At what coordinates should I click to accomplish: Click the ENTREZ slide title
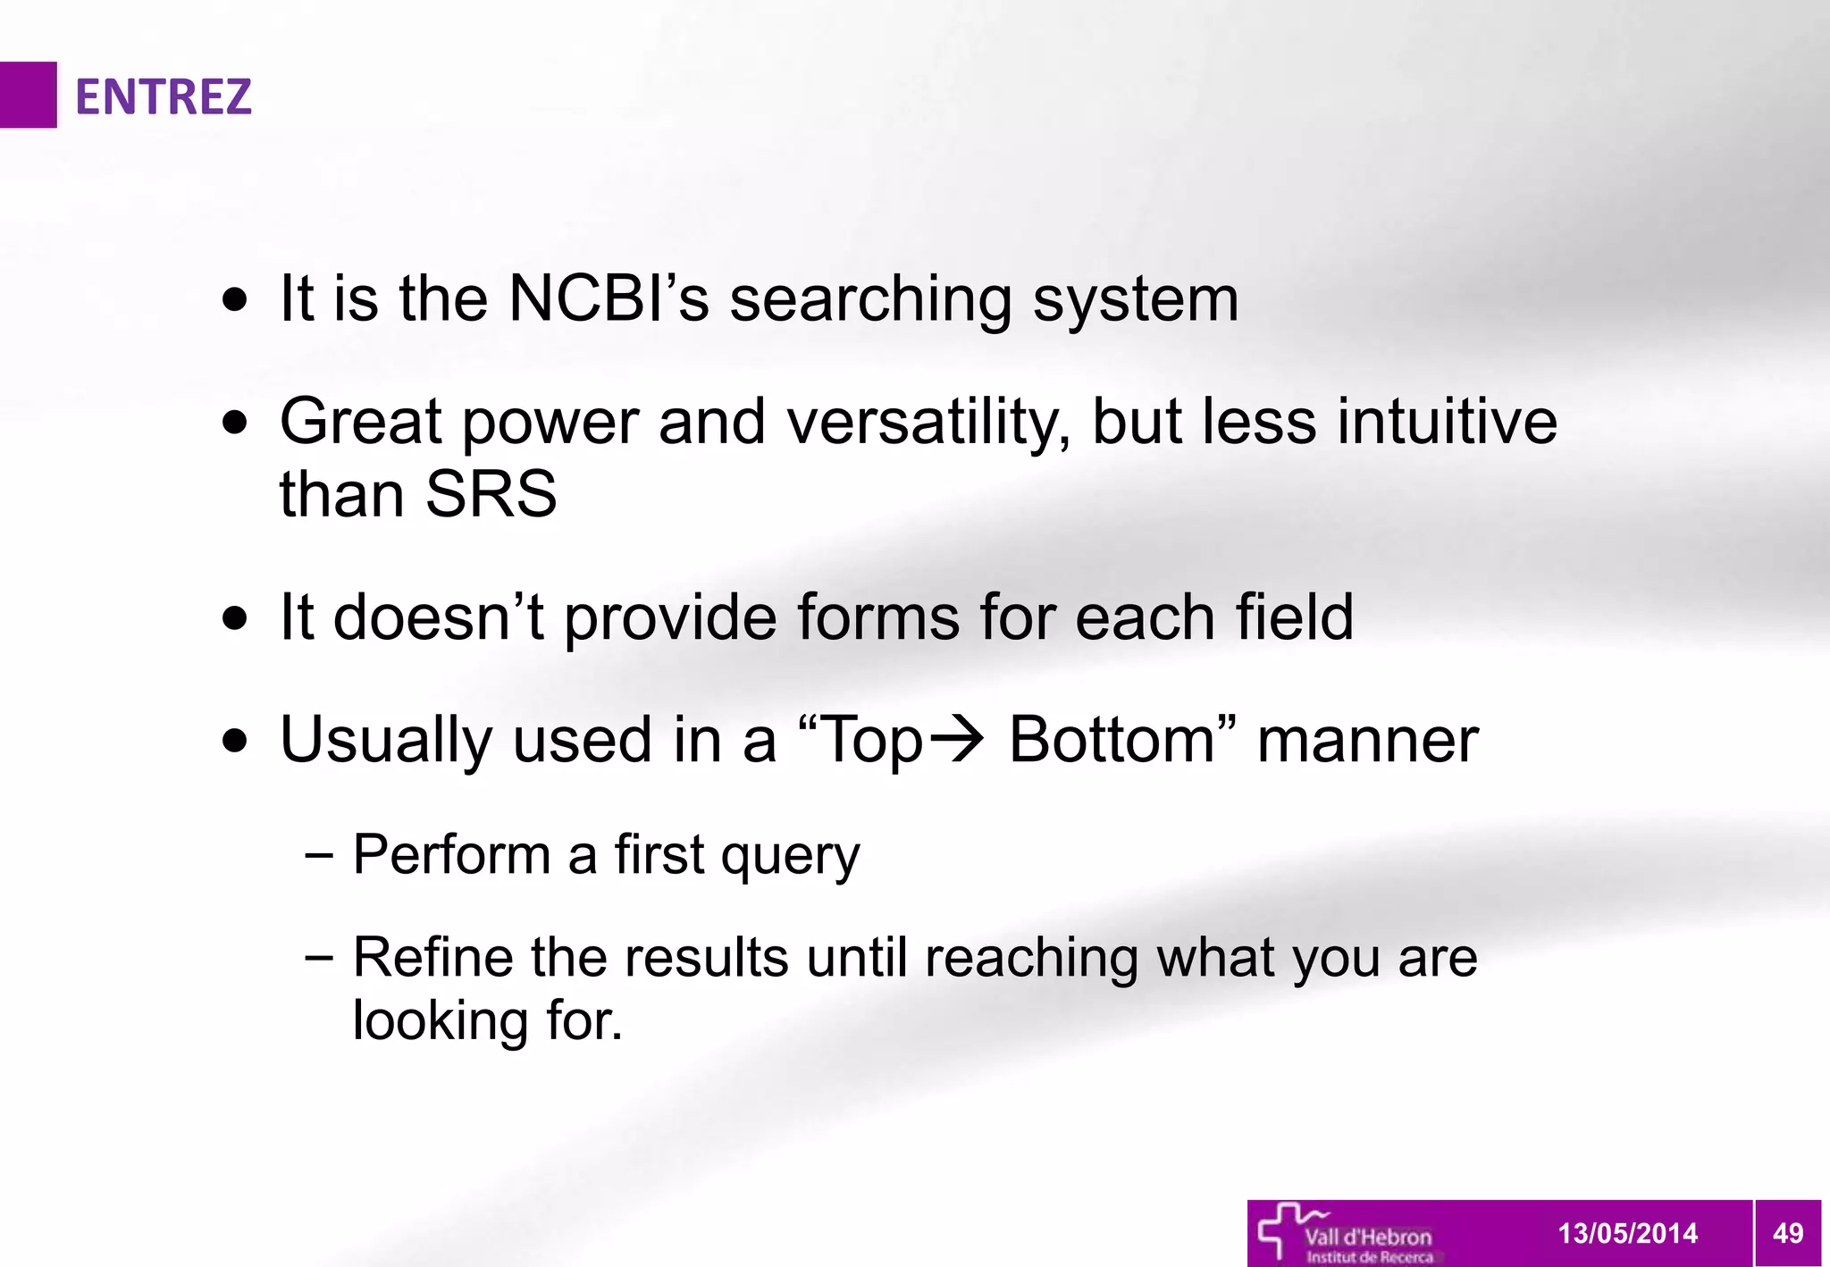click(163, 96)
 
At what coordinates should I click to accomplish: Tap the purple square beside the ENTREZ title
click(28, 95)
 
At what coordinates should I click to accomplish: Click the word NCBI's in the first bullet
click(608, 298)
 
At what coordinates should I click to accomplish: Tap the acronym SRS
click(491, 494)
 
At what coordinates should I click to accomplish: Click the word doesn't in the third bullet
click(438, 617)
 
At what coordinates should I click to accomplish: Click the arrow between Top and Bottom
click(956, 740)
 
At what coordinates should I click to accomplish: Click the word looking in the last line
click(440, 1020)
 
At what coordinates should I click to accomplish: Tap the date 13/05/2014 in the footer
click(1627, 1233)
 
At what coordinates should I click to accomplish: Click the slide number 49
click(1787, 1233)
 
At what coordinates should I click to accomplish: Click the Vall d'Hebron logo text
click(1367, 1238)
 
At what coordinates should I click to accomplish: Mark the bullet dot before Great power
click(235, 423)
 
